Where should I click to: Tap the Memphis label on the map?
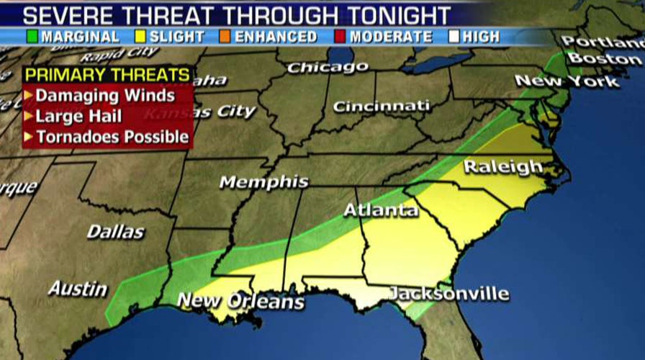[264, 182]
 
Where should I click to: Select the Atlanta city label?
[381, 210]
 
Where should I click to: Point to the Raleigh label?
[503, 167]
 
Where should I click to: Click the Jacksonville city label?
[449, 294]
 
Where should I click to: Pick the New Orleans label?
[240, 300]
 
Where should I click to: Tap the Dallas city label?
[115, 232]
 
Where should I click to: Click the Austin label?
[78, 289]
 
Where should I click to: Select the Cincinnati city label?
[381, 107]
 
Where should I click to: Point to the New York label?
[567, 81]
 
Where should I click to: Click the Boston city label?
[609, 58]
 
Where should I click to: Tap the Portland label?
[602, 41]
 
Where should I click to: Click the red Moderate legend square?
[340, 36]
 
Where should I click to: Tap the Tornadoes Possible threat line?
[112, 136]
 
